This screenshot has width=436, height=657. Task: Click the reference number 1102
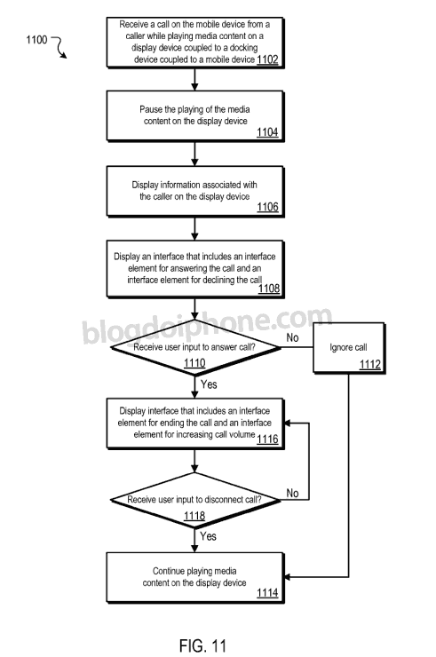(x=267, y=59)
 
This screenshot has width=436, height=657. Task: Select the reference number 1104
(x=267, y=132)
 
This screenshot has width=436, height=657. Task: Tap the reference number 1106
(x=267, y=207)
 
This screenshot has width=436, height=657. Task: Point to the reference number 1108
(x=269, y=288)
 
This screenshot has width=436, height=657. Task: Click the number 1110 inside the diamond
(x=194, y=362)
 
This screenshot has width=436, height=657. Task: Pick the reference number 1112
(x=369, y=364)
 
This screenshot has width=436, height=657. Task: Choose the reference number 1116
(x=267, y=439)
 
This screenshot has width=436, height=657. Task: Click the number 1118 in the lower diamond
(x=194, y=515)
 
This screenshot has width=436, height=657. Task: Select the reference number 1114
(x=267, y=592)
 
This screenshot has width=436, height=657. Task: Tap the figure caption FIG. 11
(x=203, y=645)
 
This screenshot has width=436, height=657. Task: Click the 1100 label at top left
(x=36, y=40)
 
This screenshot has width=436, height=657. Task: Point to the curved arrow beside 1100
(x=60, y=46)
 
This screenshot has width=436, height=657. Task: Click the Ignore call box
(x=349, y=348)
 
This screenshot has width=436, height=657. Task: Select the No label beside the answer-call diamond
(x=292, y=337)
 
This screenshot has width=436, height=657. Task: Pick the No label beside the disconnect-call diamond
(x=292, y=493)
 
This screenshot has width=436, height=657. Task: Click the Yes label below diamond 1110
(x=209, y=384)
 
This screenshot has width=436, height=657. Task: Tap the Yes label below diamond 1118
(x=208, y=536)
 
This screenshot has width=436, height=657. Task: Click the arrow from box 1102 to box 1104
(x=194, y=79)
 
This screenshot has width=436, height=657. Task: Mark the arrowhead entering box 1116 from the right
(x=288, y=423)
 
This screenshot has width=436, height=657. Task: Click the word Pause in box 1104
(x=151, y=109)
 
